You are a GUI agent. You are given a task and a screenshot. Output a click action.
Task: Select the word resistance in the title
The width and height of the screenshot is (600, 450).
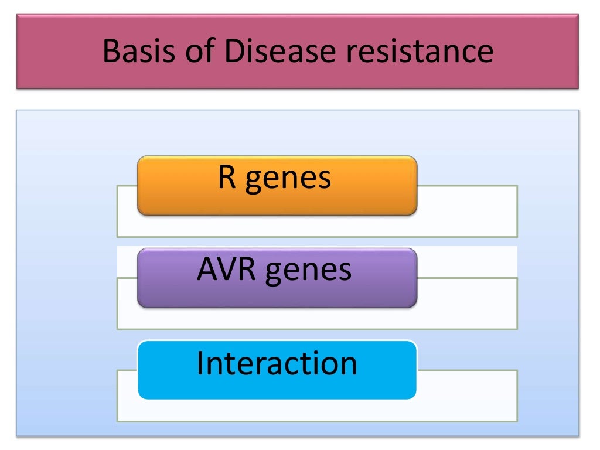419,52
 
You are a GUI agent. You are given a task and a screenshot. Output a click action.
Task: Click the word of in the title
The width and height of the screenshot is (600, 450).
196,52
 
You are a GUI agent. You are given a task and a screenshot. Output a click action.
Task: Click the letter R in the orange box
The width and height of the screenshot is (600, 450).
227,177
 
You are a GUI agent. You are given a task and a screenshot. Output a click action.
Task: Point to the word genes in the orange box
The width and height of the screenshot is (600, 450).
288,179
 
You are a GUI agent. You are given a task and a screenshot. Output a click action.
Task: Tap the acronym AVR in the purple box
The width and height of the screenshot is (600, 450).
227,270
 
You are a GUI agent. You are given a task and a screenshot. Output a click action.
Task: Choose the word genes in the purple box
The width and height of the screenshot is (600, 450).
309,272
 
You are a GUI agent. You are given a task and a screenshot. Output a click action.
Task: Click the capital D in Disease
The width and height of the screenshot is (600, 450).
231,52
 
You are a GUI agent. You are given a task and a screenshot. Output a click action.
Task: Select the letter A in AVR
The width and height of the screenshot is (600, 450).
206,270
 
